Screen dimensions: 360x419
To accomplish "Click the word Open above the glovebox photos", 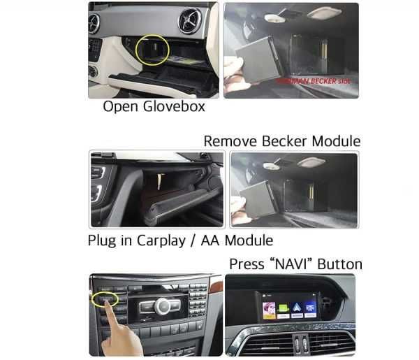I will (x=118, y=106).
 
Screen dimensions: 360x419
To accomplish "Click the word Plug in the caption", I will (x=102, y=240).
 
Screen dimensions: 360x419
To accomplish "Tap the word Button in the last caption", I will (x=339, y=264).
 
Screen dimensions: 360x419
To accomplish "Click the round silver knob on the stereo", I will (x=161, y=305).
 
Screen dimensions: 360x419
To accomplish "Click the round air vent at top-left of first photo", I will (x=94, y=23).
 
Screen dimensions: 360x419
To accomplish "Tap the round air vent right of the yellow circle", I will (x=189, y=21).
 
